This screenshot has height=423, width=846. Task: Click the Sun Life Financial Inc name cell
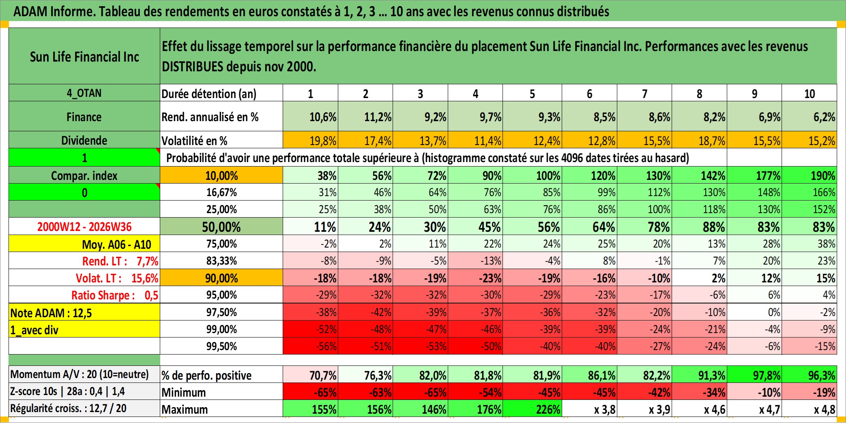click(84, 56)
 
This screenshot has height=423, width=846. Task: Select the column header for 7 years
click(644, 94)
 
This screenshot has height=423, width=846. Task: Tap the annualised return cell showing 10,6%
click(311, 117)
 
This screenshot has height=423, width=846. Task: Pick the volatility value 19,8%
click(311, 140)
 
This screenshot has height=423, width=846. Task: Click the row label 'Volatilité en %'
click(194, 141)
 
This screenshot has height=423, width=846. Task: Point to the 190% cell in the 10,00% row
click(809, 175)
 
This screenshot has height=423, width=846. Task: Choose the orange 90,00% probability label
click(221, 278)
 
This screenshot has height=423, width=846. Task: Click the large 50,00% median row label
click(221, 227)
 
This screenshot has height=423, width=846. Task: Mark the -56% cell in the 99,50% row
click(311, 346)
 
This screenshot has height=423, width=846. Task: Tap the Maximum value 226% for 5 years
click(533, 409)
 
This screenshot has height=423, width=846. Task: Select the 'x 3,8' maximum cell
click(590, 409)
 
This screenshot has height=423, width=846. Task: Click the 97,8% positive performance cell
click(754, 375)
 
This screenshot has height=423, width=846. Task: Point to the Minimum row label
click(184, 392)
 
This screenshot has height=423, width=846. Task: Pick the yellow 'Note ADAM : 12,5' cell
click(84, 312)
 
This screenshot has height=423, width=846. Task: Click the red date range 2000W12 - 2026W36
click(84, 226)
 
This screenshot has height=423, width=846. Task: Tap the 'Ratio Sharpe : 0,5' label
click(115, 295)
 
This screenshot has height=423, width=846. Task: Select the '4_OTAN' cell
click(84, 93)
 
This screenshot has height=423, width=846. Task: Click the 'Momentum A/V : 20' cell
click(79, 374)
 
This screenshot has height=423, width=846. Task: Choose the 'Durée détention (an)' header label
click(209, 94)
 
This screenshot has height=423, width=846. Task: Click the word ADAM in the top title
click(30, 11)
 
